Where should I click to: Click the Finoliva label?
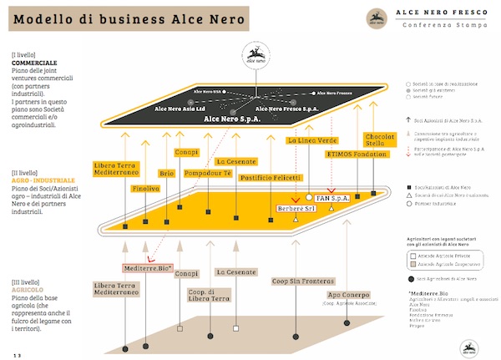tap(147, 190)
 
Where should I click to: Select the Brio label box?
tap(167, 174)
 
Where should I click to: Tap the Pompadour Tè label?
tap(208, 172)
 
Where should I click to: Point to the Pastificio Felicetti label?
tap(269, 178)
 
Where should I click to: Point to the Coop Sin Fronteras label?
tap(304, 281)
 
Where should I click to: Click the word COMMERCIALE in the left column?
tap(34, 63)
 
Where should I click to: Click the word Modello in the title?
tap(43, 18)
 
